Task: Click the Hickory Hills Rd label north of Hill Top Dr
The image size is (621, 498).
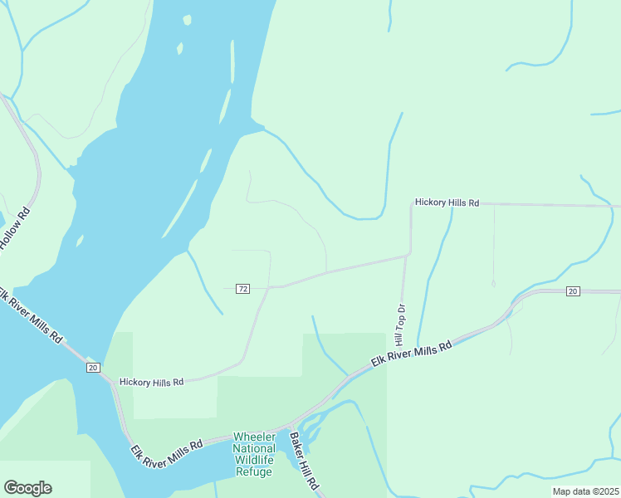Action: click(x=447, y=203)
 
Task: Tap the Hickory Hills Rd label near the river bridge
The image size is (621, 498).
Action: click(x=151, y=382)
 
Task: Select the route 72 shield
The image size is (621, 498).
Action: click(x=242, y=288)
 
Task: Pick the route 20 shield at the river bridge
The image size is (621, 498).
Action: click(x=92, y=367)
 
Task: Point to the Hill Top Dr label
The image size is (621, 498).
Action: click(x=399, y=325)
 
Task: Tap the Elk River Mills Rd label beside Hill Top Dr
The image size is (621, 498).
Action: click(x=412, y=354)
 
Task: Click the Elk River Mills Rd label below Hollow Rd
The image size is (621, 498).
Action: click(x=31, y=316)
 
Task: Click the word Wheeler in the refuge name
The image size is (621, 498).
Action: click(x=254, y=437)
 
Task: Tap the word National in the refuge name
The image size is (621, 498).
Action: click(x=254, y=449)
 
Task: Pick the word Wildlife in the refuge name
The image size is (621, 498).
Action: click(x=254, y=461)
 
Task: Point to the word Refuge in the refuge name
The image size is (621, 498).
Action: click(x=254, y=472)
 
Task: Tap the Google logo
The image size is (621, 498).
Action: click(x=27, y=488)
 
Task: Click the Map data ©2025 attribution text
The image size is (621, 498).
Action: click(x=584, y=491)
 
